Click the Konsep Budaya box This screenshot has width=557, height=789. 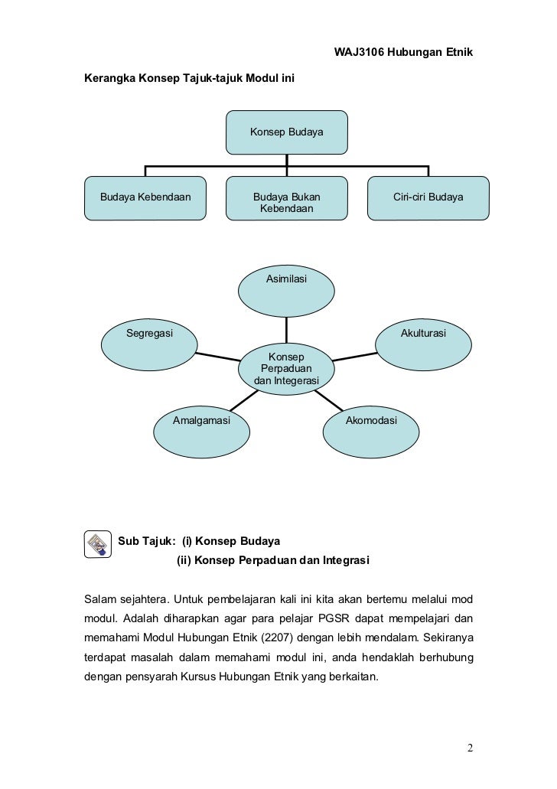[286, 132]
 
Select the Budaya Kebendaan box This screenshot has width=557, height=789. [145, 198]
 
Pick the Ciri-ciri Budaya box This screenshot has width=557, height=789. [428, 198]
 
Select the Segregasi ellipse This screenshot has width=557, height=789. [150, 344]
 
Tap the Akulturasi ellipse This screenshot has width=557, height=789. [423, 344]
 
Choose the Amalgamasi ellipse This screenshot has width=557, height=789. [202, 432]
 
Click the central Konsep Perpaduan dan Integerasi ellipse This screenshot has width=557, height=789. [286, 369]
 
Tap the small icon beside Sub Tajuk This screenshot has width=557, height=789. [96, 543]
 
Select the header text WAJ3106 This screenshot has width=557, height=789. [360, 52]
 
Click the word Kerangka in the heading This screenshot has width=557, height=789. [109, 79]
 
